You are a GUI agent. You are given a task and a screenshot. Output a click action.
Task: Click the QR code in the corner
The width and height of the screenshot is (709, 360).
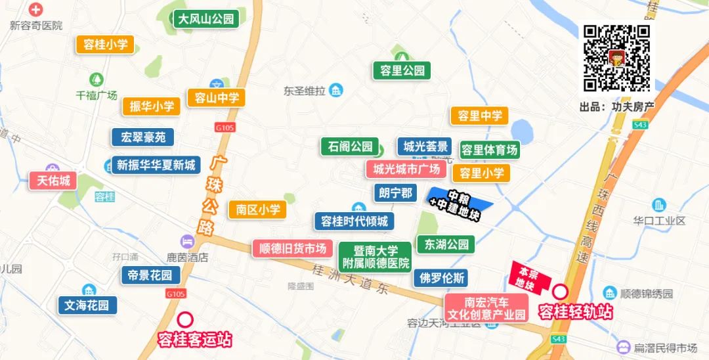[x=616, y=58]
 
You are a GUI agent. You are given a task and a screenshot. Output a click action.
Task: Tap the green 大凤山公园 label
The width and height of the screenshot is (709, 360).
[x=205, y=19]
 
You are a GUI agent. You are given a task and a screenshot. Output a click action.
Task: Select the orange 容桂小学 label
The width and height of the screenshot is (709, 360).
[x=105, y=45]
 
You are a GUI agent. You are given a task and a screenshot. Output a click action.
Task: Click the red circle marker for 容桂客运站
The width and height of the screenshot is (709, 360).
[x=186, y=319]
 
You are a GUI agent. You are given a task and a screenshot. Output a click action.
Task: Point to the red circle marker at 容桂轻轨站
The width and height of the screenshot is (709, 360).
[x=561, y=291]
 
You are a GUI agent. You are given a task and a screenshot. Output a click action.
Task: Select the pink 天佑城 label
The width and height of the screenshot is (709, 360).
[x=53, y=180]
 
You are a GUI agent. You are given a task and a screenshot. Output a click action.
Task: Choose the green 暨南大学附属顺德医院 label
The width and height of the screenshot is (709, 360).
[x=376, y=257]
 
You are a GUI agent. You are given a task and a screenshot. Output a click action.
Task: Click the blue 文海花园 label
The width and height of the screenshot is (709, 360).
[x=87, y=305]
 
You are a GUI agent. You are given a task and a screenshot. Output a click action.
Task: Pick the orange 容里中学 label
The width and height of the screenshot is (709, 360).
[x=479, y=116]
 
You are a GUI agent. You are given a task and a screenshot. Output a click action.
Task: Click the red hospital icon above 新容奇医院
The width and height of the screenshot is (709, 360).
[x=35, y=10]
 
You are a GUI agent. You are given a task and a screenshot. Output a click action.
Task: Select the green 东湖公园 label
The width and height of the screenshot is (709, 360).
[x=446, y=244]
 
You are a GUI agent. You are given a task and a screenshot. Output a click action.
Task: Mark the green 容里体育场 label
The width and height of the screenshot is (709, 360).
[x=489, y=150]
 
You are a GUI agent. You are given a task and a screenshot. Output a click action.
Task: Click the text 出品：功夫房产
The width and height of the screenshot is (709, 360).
[x=617, y=106]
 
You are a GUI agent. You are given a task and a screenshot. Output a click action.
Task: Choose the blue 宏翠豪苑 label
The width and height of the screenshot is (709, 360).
[x=142, y=137]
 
